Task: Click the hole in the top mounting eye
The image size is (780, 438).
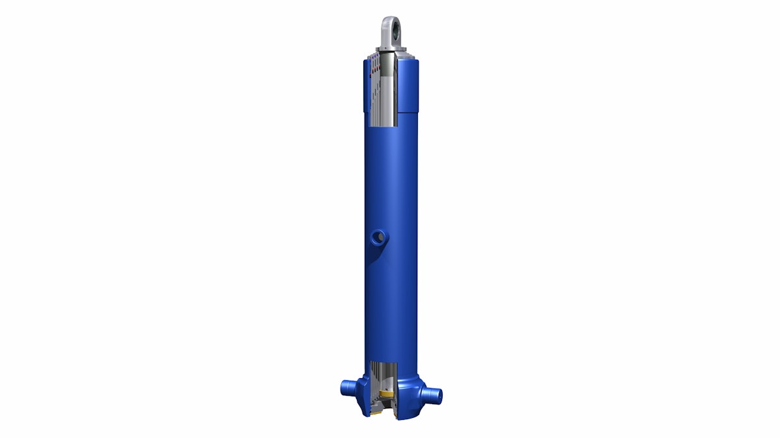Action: [x=390, y=25]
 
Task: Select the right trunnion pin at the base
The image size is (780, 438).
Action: [x=430, y=393]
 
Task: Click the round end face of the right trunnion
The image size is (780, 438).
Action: [x=438, y=394]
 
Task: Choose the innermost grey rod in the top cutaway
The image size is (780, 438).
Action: [x=390, y=91]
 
